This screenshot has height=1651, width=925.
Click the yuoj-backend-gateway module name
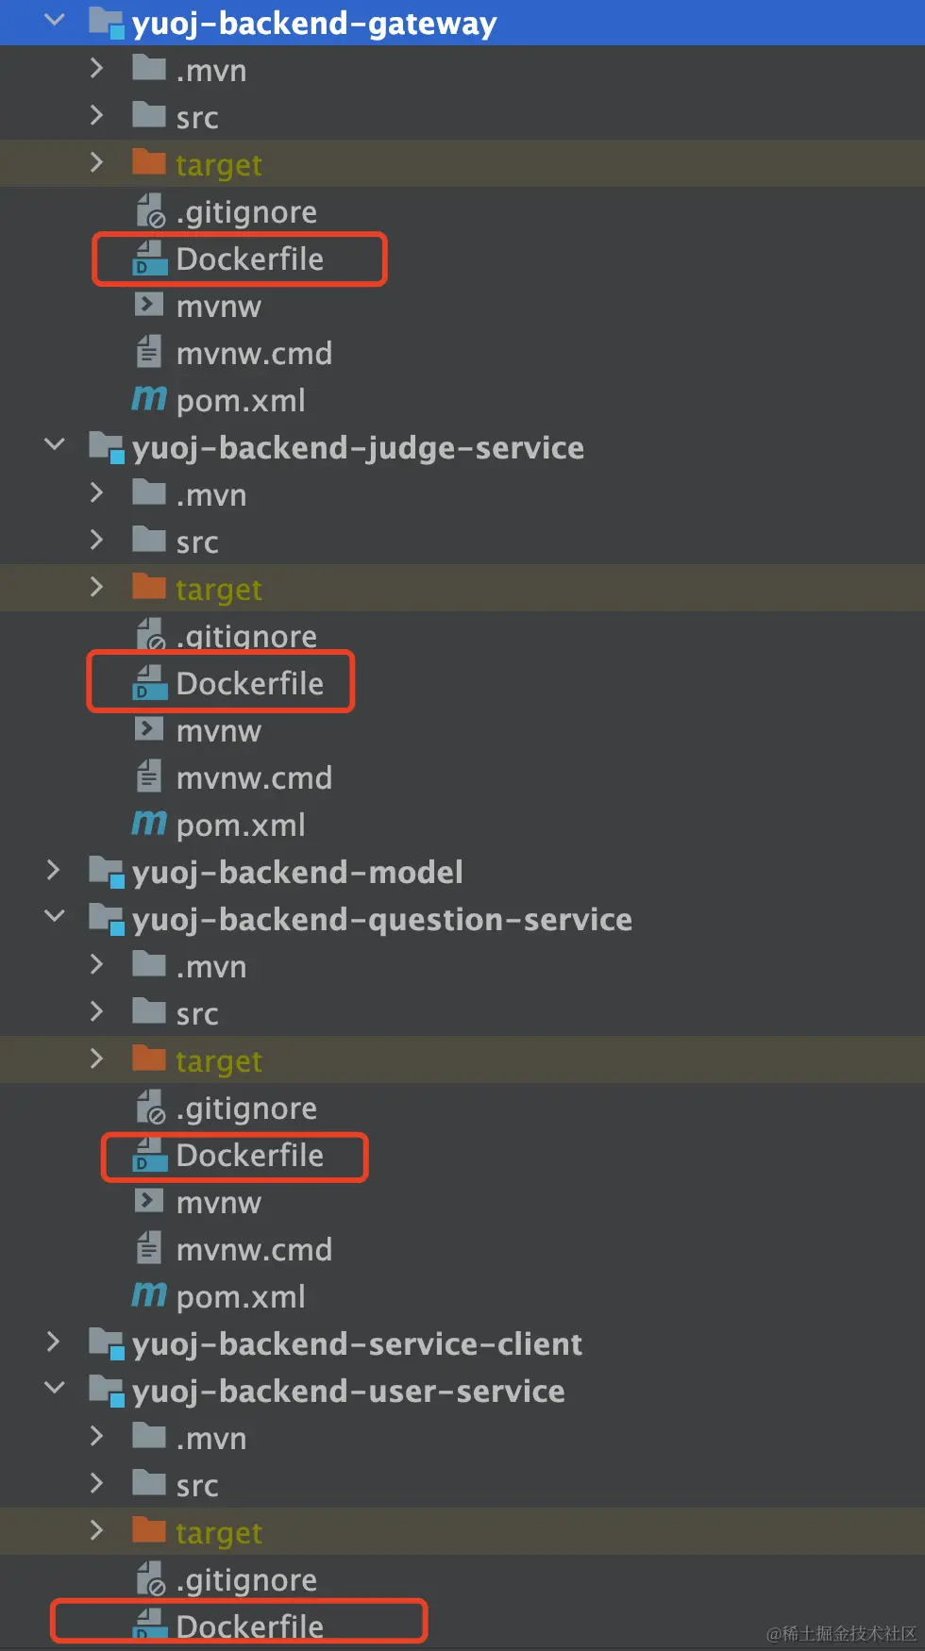[313, 23]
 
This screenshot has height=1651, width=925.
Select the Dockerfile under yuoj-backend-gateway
[249, 259]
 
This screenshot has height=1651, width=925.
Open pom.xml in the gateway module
[240, 401]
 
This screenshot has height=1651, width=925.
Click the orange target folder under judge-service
[218, 589]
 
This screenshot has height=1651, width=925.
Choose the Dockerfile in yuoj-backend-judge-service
[249, 683]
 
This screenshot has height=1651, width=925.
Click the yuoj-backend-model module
[297, 873]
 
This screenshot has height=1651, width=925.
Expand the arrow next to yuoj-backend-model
[54, 871]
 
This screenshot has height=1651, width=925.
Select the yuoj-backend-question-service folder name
[381, 920]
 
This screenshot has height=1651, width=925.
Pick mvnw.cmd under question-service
[254, 1250]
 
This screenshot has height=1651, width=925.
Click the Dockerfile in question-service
[249, 1156]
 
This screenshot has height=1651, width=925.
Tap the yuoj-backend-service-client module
[357, 1344]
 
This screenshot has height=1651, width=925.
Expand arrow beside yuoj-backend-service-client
[54, 1342]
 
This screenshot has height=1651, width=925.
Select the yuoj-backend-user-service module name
[348, 1392]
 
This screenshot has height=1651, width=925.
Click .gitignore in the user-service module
[246, 1580]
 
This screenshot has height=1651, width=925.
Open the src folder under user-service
[196, 1486]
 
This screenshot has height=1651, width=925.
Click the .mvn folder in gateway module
[210, 71]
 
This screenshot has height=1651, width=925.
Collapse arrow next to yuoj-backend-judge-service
[55, 444]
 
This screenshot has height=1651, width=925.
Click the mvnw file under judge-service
[218, 731]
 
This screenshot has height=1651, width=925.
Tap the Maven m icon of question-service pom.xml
[149, 1294]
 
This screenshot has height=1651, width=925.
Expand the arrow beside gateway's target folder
[96, 162]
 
